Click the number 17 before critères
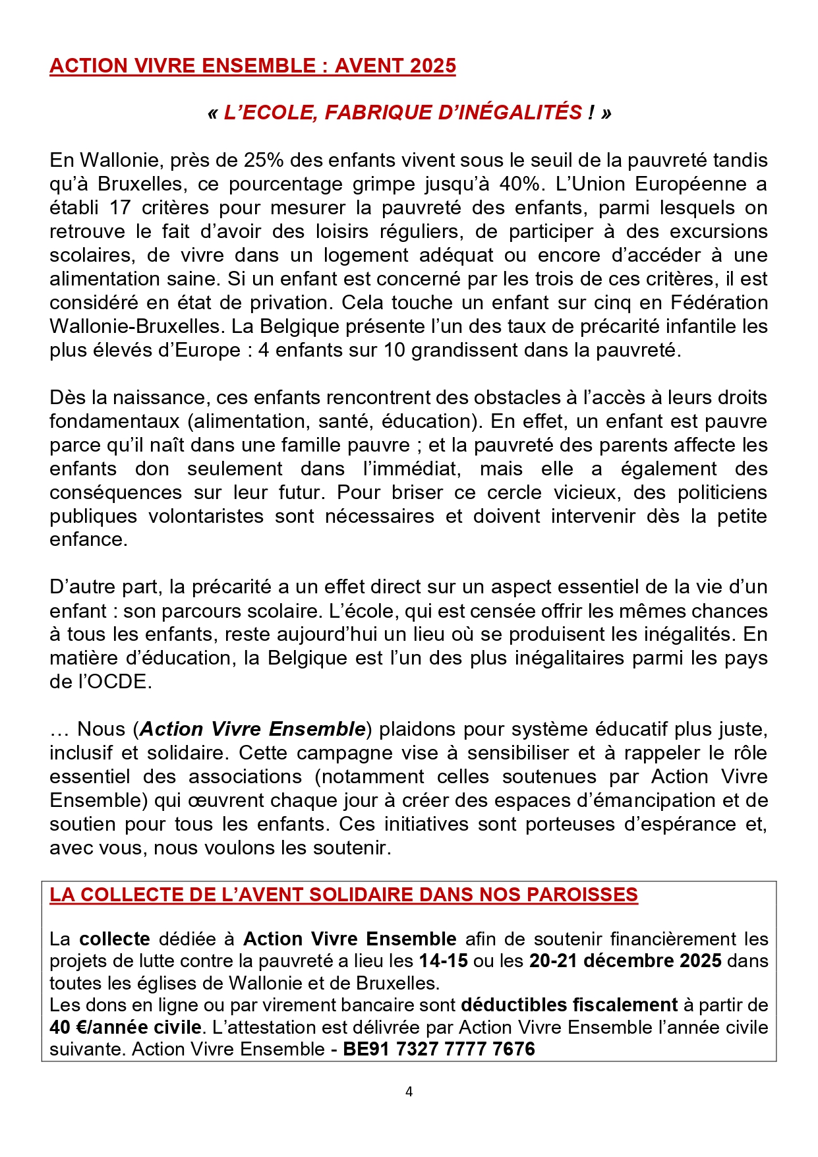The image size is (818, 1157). pyautogui.click(x=120, y=208)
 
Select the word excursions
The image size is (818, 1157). pyautogui.click(x=718, y=231)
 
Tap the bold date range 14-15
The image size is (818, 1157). pyautogui.click(x=444, y=961)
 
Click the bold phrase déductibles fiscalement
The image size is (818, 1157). pyautogui.click(x=570, y=1005)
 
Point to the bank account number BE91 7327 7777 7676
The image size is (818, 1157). pyautogui.click(x=439, y=1049)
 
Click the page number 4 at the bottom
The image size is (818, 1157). pyautogui.click(x=409, y=1092)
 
